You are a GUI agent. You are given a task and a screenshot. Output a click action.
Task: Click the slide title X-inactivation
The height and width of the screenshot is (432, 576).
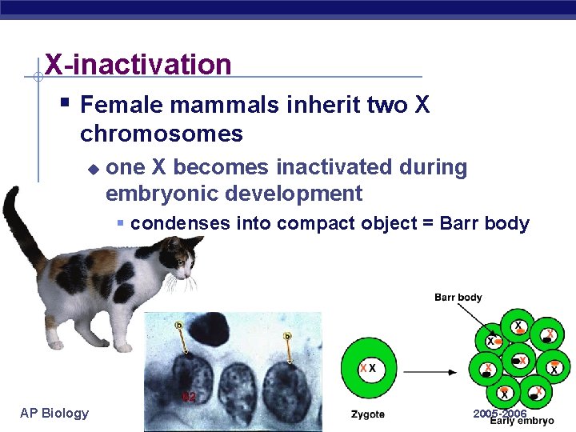tap(138, 64)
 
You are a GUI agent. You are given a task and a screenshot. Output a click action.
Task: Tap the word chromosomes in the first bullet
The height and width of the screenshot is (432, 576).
tap(162, 134)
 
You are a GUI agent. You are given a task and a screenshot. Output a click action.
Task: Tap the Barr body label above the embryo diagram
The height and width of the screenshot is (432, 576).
tap(458, 298)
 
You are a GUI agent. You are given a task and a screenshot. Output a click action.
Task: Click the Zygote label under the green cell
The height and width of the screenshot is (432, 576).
tap(367, 414)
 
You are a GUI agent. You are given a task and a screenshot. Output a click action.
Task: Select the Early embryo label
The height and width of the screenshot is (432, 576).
tap(522, 421)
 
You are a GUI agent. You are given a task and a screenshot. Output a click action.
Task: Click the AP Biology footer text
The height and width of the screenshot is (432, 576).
tap(54, 413)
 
